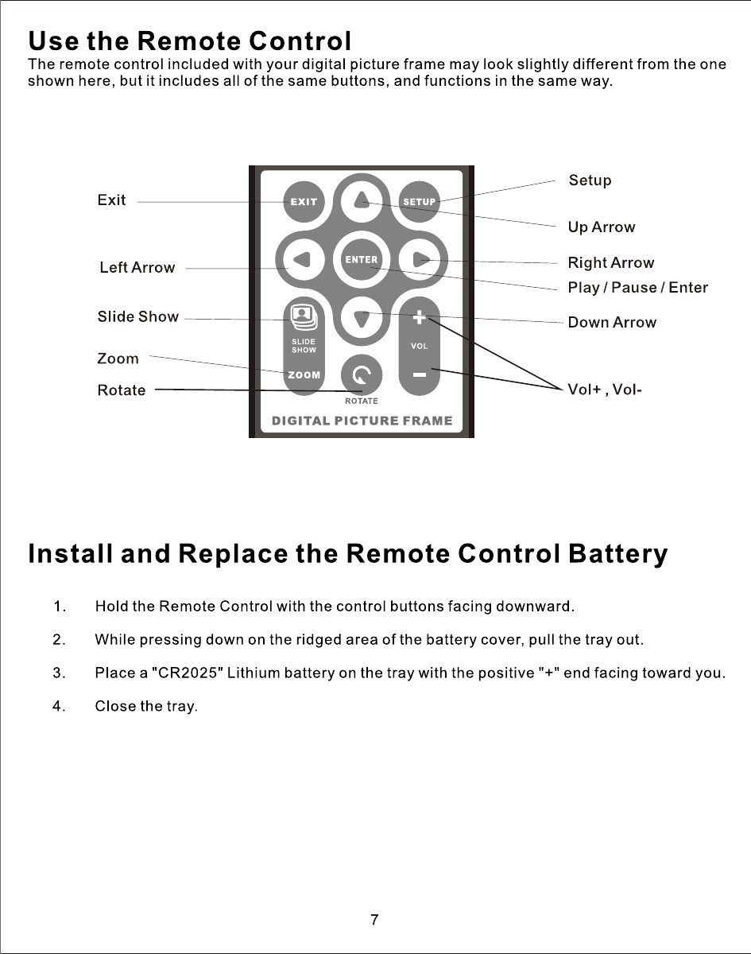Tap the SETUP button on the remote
click(x=419, y=201)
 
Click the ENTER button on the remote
click(x=362, y=259)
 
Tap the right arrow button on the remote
click(x=421, y=258)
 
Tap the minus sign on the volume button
click(x=420, y=374)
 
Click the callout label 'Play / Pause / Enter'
click(x=637, y=287)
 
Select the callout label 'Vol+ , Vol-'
click(x=604, y=390)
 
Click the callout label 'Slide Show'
click(x=138, y=316)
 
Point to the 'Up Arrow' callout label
click(x=602, y=227)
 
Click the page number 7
click(x=375, y=920)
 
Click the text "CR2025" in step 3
click(x=189, y=673)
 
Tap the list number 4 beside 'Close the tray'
click(x=58, y=706)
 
